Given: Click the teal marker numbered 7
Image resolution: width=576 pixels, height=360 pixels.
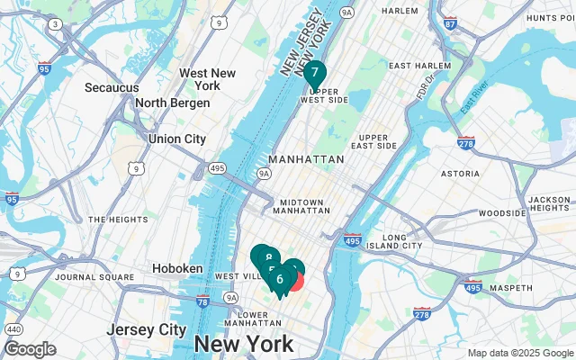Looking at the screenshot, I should pos(314,72).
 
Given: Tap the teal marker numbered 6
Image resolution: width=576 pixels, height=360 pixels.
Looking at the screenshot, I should pos(280,279).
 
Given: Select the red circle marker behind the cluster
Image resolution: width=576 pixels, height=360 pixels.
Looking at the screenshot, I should pos(296,282).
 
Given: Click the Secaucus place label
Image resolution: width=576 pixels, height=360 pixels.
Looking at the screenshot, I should pos(112,87).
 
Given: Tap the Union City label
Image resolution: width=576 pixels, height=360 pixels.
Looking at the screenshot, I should pos(176,139).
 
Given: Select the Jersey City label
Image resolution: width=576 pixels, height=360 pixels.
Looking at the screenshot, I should pos(146,329).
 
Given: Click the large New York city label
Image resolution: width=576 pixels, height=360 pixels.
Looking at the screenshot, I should pos(243,344).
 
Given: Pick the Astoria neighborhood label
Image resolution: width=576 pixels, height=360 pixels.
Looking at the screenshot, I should pos(460,172).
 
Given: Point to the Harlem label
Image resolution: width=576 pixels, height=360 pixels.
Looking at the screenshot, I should pos(400,11).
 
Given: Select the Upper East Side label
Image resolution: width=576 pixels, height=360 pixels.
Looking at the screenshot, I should pos(372,140).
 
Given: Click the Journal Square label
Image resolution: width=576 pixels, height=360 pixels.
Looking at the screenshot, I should pos(88,277).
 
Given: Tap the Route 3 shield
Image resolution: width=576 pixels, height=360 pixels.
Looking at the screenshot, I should pos(56,23).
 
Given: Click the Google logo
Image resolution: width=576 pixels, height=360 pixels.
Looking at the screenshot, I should pos(30,349).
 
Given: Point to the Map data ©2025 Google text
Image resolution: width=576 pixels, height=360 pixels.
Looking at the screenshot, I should pos(519,353).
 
